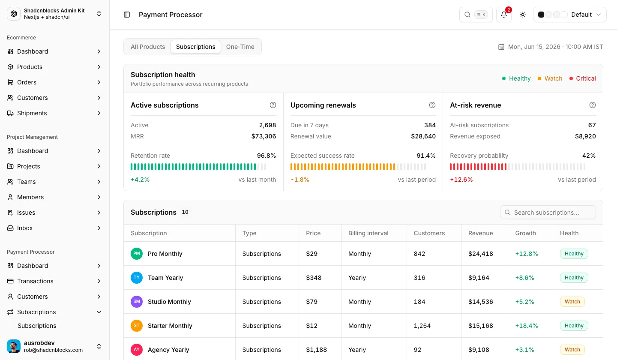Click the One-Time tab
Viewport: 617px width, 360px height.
pyautogui.click(x=240, y=47)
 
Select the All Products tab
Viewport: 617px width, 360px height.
pyautogui.click(x=148, y=47)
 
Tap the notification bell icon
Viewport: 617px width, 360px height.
pyautogui.click(x=503, y=15)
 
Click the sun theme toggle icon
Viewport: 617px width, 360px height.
pyautogui.click(x=523, y=15)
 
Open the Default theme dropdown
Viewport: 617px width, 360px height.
pyautogui.click(x=569, y=15)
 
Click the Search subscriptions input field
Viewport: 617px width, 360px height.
pyautogui.click(x=548, y=213)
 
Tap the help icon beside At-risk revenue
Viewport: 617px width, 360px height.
pyautogui.click(x=592, y=105)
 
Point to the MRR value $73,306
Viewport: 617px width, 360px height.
pyautogui.click(x=264, y=136)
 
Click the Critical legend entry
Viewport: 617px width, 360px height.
pyautogui.click(x=583, y=78)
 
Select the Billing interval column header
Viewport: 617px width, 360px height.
pyautogui.click(x=368, y=233)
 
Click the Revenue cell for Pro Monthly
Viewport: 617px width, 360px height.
pyautogui.click(x=481, y=254)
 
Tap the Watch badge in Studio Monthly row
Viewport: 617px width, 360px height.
pyautogui.click(x=572, y=302)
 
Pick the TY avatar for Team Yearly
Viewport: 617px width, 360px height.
pyautogui.click(x=137, y=278)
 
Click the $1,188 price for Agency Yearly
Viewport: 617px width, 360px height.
pyautogui.click(x=316, y=350)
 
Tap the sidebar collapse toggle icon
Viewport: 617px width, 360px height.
pyautogui.click(x=127, y=15)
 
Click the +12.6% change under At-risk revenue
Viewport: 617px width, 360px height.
pyautogui.click(x=461, y=180)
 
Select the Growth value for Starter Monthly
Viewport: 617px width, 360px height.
pyautogui.click(x=526, y=326)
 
